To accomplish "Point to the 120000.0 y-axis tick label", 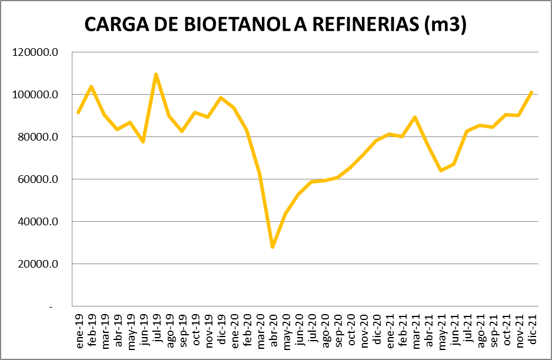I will coord(36,52).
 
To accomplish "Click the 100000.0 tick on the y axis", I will coord(36,95).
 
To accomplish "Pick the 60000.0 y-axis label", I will coord(36,179).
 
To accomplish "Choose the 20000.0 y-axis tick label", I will coord(36,264).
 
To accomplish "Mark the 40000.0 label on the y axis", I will coord(36,222).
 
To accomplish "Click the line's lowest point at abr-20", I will coord(272,247).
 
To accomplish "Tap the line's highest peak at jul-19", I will coord(156,74).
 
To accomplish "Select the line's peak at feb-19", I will coord(91,86).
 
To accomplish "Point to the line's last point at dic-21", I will coord(531,92).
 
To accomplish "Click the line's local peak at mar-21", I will coord(415,117).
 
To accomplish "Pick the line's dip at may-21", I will coord(441,171).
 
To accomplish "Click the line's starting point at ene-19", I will coord(78,112).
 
